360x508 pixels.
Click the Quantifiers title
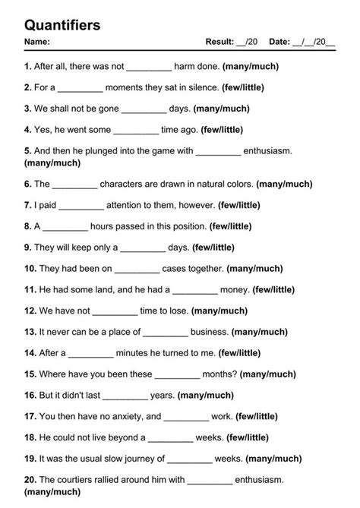[62, 25]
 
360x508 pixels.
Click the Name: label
[37, 42]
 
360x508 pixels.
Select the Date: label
[279, 42]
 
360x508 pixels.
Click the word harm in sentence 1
[187, 67]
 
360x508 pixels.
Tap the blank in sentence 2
[80, 88]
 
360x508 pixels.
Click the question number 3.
[27, 109]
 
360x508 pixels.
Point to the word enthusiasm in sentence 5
[269, 151]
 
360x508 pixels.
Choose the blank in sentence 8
[66, 226]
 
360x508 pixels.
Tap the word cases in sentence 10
[177, 268]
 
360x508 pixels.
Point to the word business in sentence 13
[210, 332]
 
